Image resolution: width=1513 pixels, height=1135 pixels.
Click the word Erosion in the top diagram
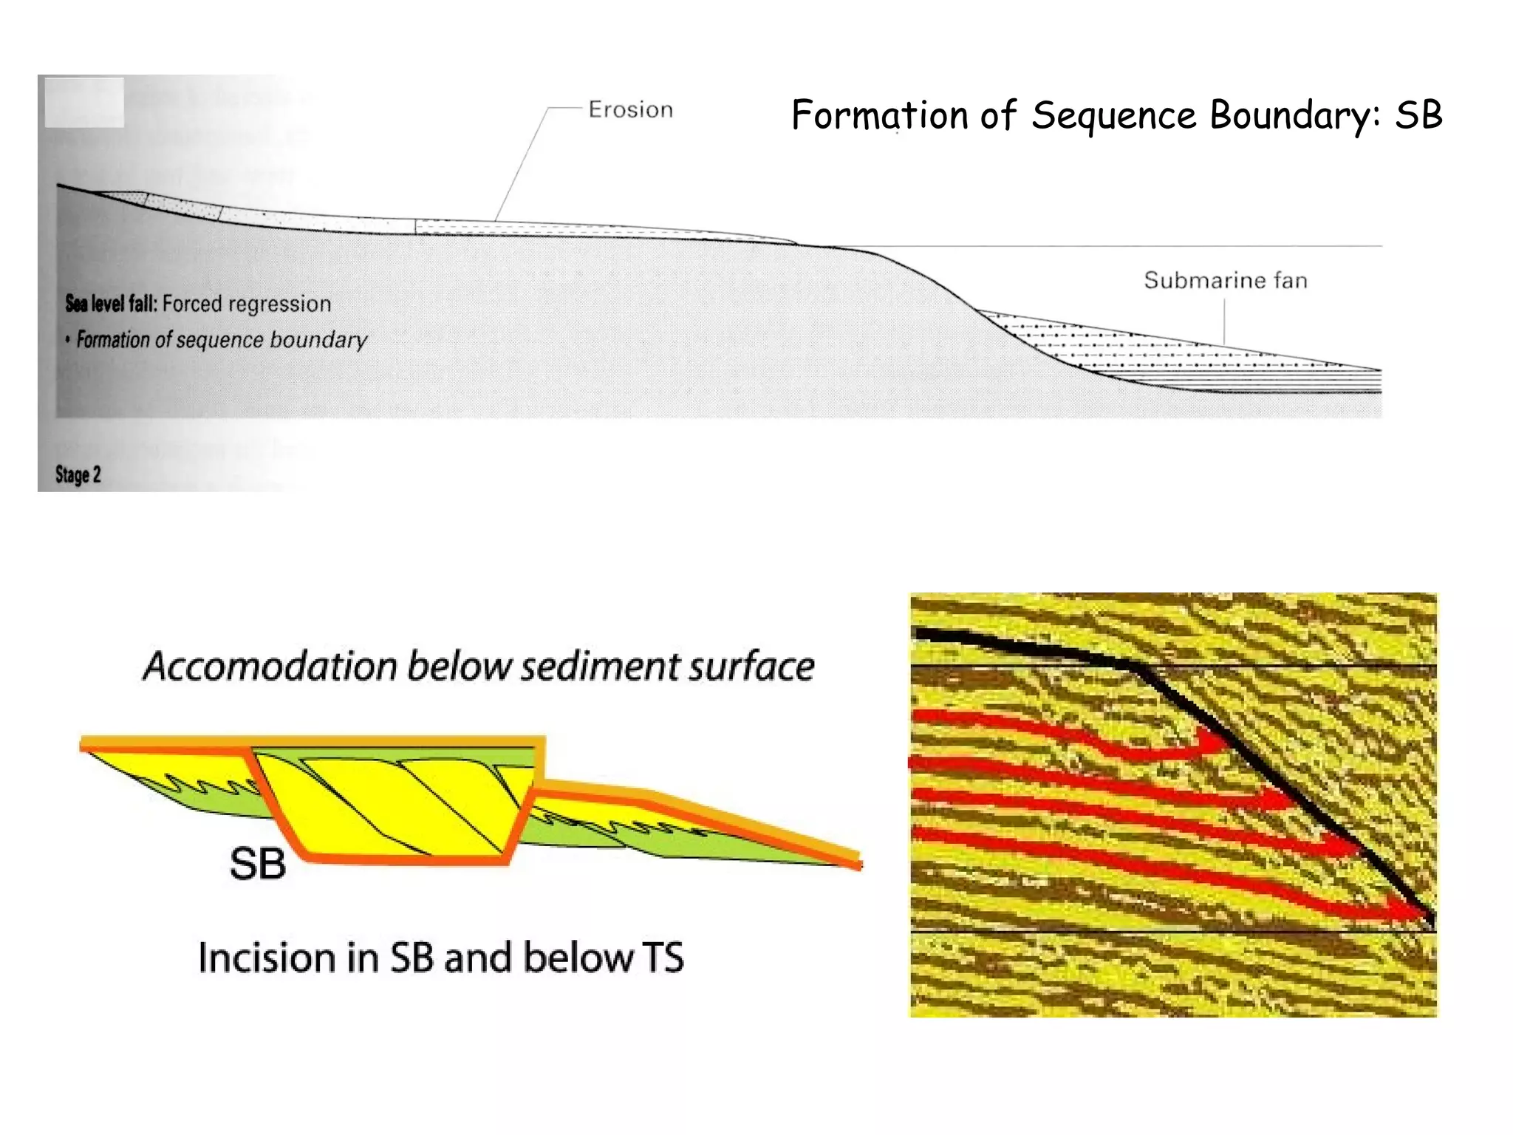pos(630,110)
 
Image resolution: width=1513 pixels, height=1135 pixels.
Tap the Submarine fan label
pos(1226,281)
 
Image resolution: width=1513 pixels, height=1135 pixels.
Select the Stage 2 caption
pos(78,474)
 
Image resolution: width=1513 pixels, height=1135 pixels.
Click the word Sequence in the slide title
pos(1114,116)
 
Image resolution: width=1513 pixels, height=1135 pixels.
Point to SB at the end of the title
pos(1418,115)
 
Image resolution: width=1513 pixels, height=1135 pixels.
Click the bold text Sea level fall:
pos(111,304)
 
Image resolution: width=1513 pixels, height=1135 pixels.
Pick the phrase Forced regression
pos(247,304)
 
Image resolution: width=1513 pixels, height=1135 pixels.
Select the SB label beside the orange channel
pos(257,863)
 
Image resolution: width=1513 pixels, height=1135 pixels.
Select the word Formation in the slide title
pos(879,116)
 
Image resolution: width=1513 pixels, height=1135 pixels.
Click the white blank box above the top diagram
pos(84,103)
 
